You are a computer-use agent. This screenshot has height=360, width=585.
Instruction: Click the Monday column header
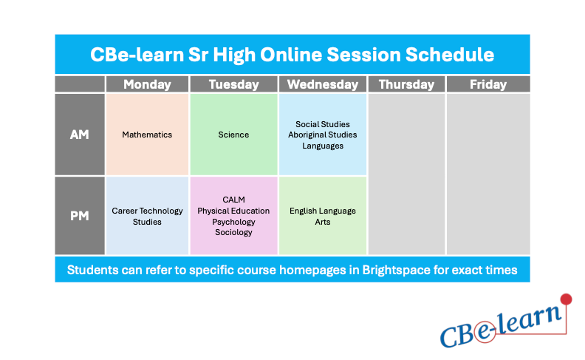(147, 84)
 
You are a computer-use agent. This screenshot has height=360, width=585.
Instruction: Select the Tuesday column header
(233, 84)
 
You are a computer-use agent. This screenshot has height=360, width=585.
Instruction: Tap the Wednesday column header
(322, 84)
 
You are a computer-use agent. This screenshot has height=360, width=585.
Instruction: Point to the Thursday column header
(406, 84)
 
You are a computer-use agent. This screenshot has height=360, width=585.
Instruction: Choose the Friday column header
(488, 84)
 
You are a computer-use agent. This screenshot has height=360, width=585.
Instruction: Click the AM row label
(80, 135)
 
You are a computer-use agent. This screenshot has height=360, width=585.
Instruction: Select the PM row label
(80, 216)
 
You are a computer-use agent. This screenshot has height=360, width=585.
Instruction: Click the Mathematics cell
(147, 135)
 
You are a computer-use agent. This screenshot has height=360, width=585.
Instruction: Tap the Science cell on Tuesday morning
(233, 135)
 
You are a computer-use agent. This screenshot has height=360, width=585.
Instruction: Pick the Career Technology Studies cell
(147, 216)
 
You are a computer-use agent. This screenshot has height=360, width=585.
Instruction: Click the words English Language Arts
(322, 216)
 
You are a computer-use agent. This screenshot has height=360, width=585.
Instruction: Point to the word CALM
(233, 200)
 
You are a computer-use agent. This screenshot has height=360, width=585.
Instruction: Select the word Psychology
(233, 222)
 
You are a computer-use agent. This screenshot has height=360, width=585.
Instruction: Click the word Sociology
(233, 232)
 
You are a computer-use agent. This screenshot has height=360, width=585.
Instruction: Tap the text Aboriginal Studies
(322, 135)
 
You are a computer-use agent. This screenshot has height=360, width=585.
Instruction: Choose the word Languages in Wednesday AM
(322, 146)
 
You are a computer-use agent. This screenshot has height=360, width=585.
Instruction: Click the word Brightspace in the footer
(396, 270)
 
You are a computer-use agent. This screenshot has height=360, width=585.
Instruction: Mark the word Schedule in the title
(455, 55)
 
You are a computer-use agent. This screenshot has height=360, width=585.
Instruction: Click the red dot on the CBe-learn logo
(567, 299)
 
